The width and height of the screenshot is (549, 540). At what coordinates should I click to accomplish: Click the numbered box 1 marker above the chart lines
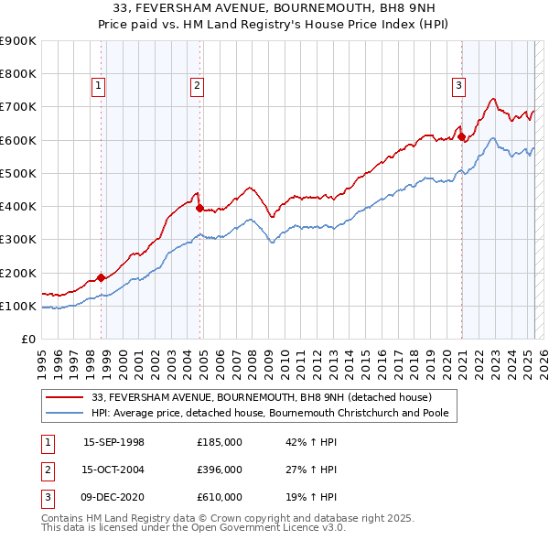[98, 87]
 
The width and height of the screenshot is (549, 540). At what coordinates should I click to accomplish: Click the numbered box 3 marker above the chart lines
[457, 87]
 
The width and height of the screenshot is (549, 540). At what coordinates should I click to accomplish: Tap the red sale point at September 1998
[101, 277]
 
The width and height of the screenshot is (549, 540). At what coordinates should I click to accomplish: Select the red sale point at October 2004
[199, 208]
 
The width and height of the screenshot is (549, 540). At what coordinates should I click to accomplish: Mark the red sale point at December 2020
[462, 137]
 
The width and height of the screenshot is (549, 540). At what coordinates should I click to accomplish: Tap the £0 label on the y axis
[27, 340]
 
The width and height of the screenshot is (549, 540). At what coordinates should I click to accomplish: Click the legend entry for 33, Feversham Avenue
[262, 397]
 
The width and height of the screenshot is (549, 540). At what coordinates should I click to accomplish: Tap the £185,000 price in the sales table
[220, 442]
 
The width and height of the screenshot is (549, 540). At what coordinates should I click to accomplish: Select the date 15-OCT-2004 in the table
[113, 470]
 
